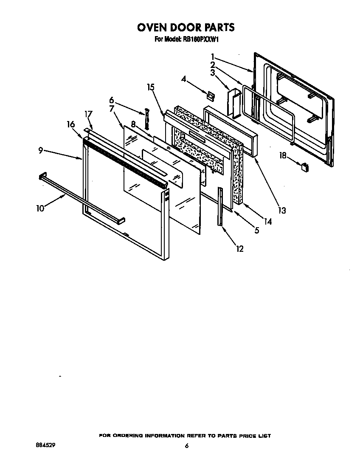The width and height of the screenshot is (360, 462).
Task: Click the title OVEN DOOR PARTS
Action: tap(185, 27)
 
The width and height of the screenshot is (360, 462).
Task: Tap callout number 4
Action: tap(184, 79)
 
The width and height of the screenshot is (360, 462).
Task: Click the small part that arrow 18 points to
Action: tap(304, 167)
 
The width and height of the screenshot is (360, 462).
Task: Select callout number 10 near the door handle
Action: tap(40, 208)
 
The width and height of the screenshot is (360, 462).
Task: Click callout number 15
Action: tap(150, 87)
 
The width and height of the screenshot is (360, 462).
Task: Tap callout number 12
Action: tap(240, 248)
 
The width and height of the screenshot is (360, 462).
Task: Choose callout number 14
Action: tap(267, 221)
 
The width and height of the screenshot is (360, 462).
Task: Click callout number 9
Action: tap(40, 150)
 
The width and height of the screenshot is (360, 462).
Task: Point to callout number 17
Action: tap(88, 114)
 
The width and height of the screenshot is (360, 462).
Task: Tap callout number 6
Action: tap(112, 100)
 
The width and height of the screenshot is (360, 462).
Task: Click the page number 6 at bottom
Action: tap(186, 446)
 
